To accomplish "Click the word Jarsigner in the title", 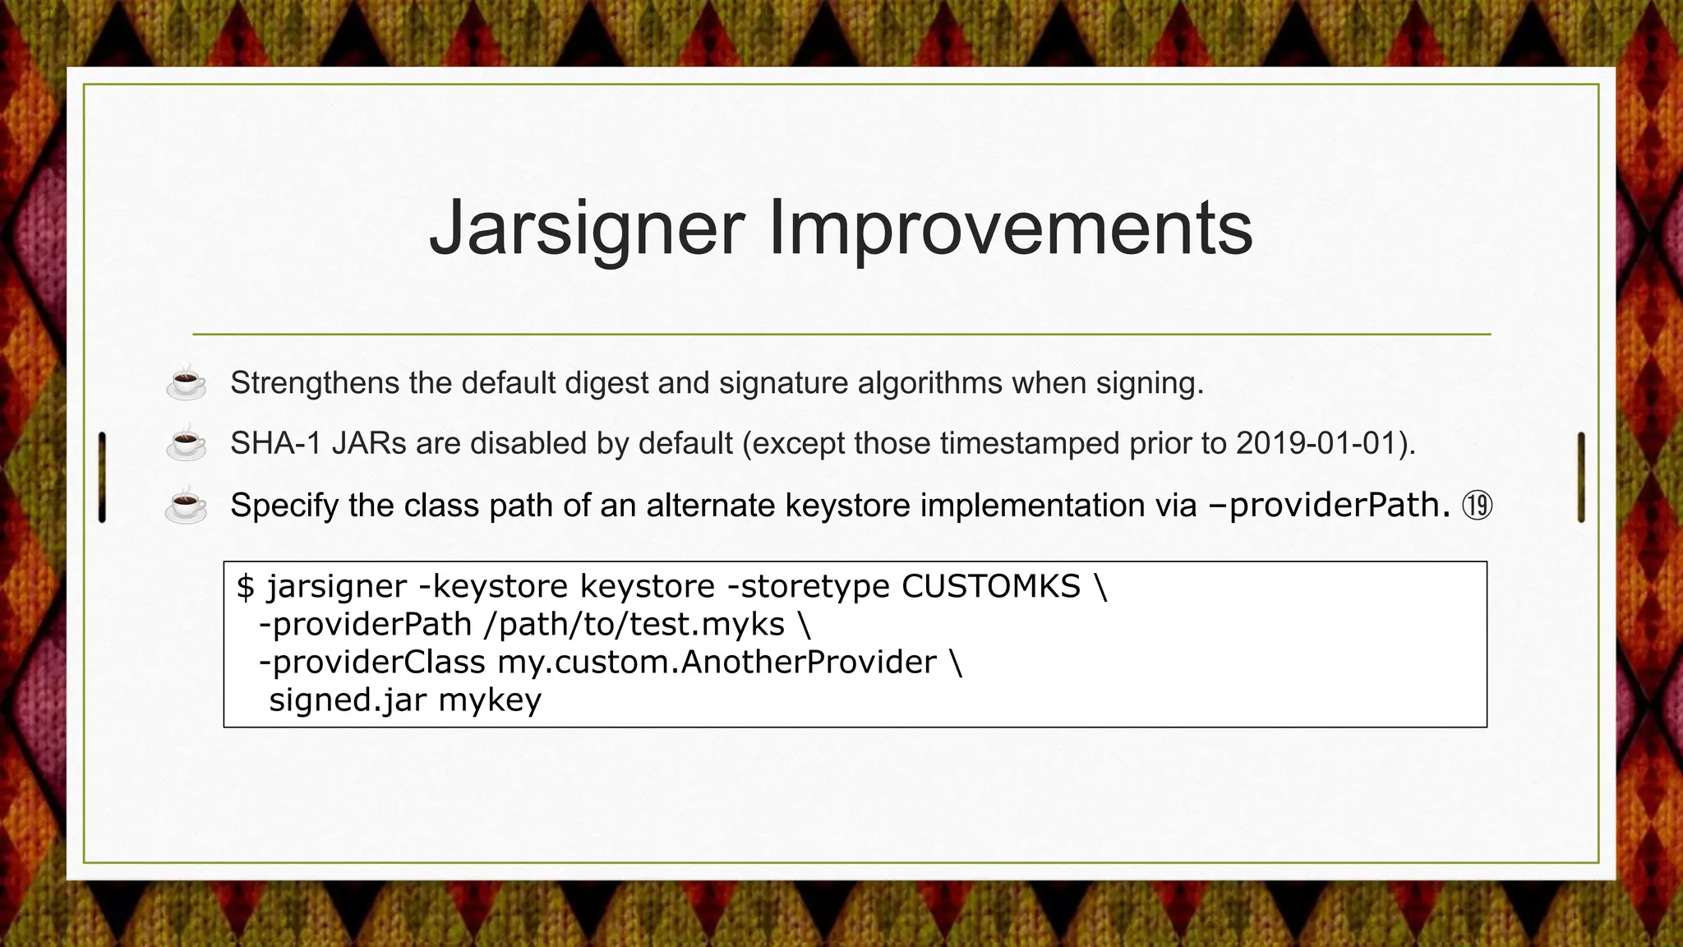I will (587, 229).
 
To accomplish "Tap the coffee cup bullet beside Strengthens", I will (187, 383).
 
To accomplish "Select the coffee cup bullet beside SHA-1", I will (187, 444).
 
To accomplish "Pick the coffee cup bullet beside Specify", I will (187, 505).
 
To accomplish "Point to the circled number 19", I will (1477, 506).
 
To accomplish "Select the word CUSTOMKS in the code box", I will (991, 586).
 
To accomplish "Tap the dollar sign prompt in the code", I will (245, 587).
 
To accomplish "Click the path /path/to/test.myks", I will (634, 624).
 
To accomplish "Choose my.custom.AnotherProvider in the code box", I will (717, 662).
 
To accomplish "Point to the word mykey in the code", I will (490, 701).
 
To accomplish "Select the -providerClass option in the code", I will (372, 662).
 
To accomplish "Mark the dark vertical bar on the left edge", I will (102, 477).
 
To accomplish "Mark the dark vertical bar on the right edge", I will (1581, 477).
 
